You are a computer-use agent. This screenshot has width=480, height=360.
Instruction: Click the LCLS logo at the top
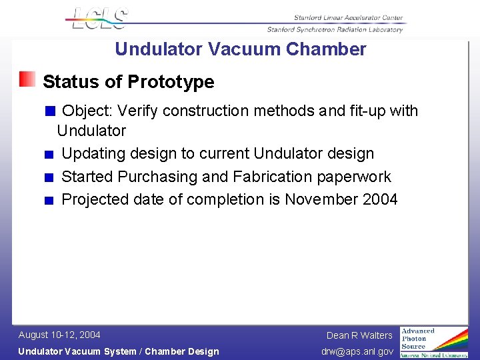97,18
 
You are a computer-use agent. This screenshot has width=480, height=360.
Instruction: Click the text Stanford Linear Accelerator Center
348,18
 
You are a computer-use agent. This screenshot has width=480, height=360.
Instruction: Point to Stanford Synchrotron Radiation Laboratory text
335,29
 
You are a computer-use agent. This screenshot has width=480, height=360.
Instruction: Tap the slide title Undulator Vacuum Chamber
240,49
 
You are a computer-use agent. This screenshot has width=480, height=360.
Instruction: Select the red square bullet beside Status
27,80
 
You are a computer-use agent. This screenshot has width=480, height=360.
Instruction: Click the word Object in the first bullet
88,111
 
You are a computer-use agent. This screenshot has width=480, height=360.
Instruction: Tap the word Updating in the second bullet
93,153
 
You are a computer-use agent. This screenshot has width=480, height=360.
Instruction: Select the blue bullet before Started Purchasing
49,178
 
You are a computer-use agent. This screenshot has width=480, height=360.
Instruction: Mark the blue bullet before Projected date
49,201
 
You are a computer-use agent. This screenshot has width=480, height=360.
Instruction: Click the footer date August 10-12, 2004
59,335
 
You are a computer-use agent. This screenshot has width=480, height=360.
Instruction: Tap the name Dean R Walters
359,335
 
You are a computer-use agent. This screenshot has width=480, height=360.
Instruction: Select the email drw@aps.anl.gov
357,351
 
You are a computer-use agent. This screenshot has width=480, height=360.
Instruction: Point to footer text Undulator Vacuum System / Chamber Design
118,351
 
